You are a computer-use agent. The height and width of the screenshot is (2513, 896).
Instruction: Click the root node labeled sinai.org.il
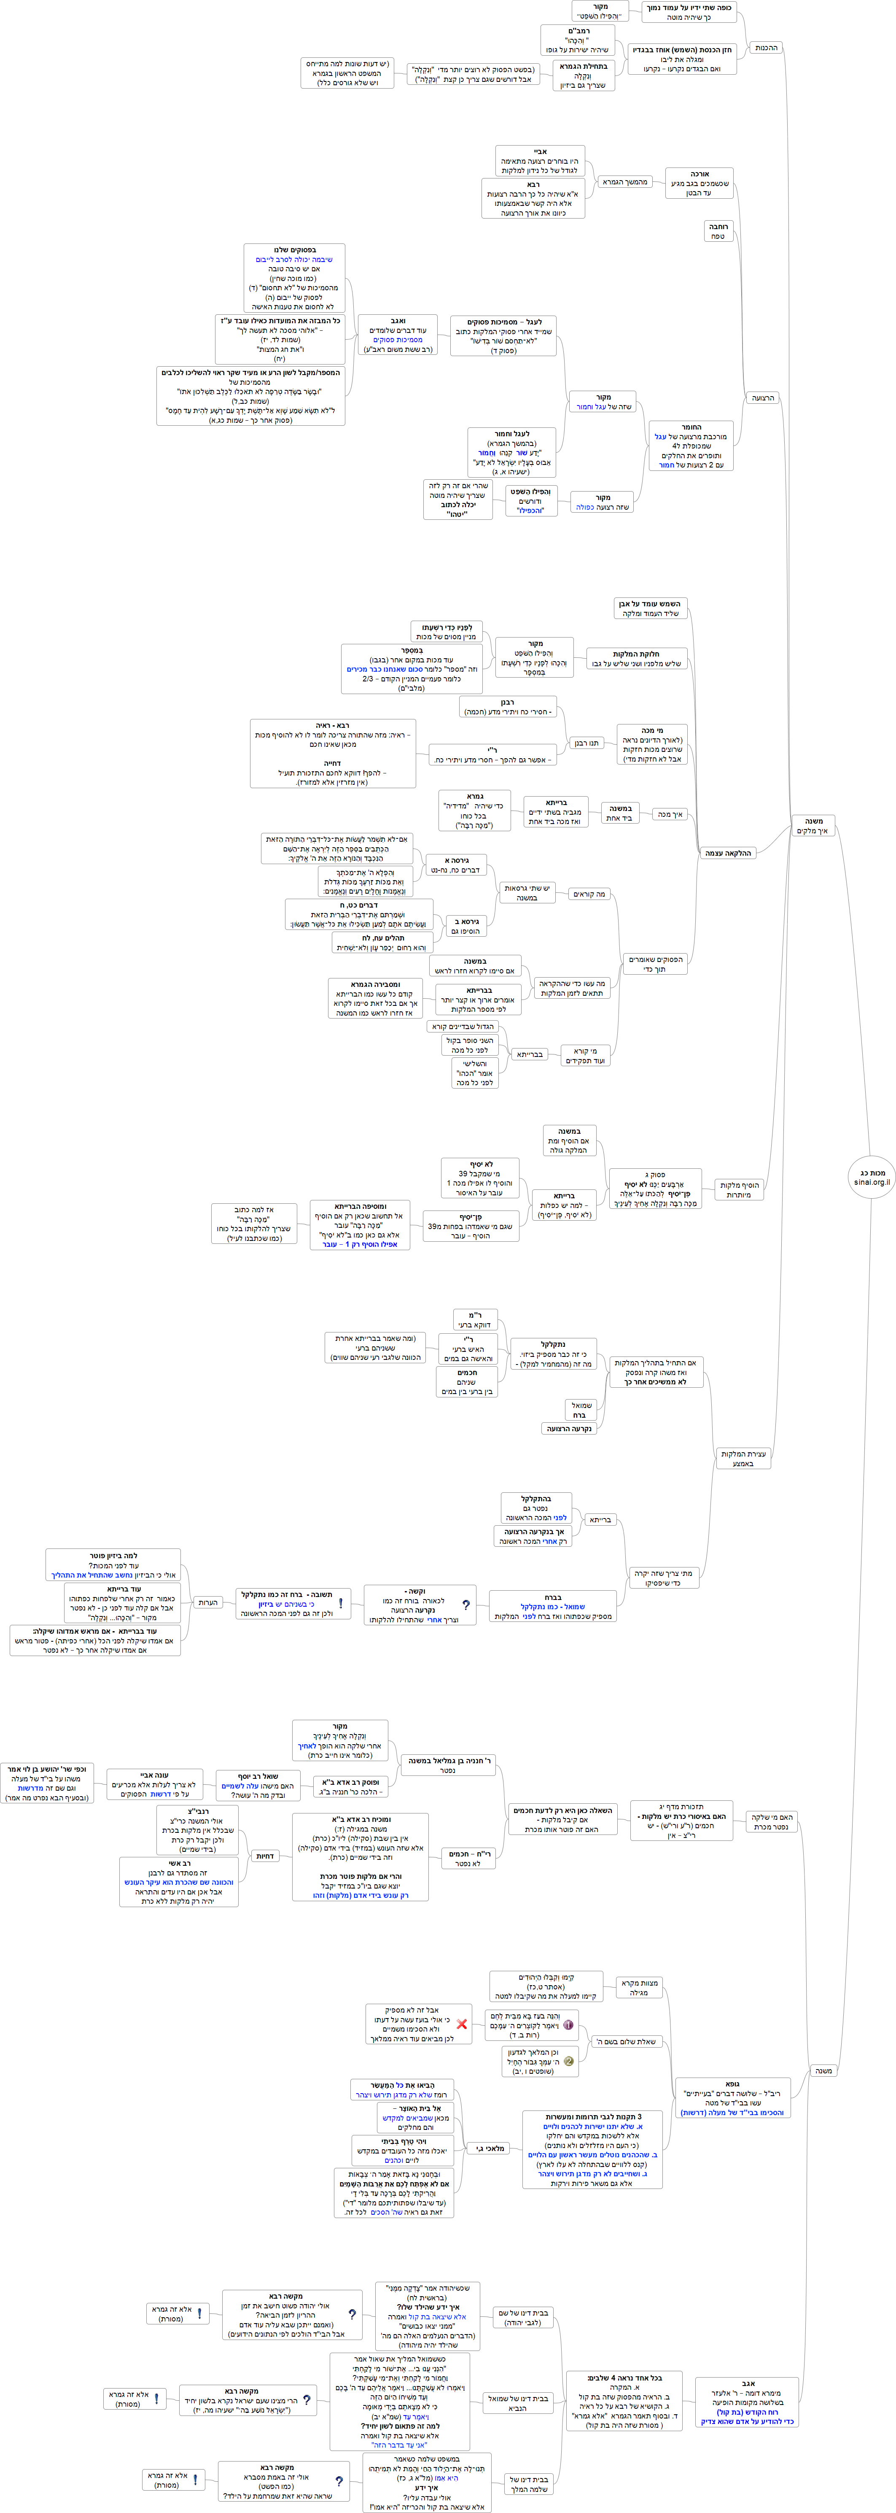pos(871,1176)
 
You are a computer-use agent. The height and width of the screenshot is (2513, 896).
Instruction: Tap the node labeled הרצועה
pos(762,398)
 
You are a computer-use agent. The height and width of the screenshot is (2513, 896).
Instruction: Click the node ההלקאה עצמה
pos(728,853)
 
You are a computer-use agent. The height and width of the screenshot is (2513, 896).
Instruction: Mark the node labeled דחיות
pos(264,1856)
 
